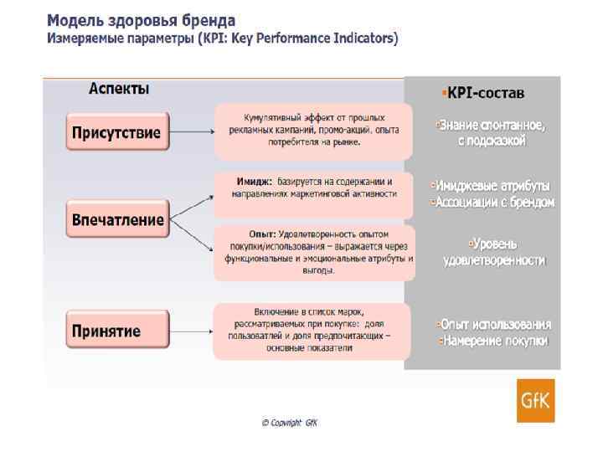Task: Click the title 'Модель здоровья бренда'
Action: tap(141, 19)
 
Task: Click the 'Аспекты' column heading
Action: tap(119, 89)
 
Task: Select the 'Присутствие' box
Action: tap(116, 134)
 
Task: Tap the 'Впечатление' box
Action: tap(117, 220)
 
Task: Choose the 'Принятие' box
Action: tap(106, 331)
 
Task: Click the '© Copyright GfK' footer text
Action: tap(289, 423)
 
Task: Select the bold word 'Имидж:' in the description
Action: tap(254, 181)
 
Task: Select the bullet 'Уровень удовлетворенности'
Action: tap(494, 252)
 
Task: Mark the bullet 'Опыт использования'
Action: tap(494, 324)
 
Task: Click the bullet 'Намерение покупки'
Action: tap(494, 341)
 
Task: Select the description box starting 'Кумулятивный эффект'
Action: tap(314, 131)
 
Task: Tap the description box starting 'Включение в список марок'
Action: tap(312, 330)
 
